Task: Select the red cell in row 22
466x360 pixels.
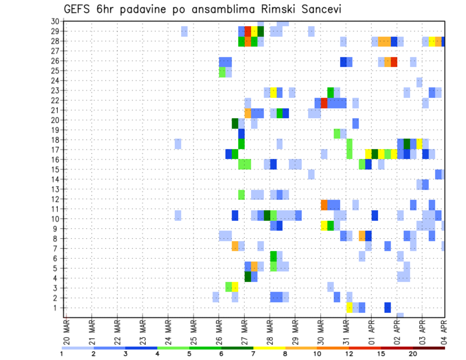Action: (324, 103)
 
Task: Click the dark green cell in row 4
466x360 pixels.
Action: (248, 277)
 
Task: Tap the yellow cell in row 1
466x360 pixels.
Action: (349, 308)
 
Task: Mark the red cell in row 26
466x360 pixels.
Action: (394, 62)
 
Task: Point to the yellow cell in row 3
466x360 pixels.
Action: (235, 287)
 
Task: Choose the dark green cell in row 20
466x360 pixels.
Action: (235, 123)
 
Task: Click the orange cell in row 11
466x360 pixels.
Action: (324, 205)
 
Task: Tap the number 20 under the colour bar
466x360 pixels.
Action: (413, 354)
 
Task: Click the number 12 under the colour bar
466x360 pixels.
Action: (349, 354)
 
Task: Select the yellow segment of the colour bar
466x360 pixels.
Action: (269, 348)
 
